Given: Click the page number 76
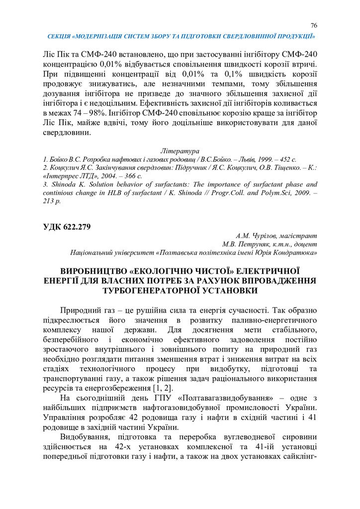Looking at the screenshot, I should tap(314, 25).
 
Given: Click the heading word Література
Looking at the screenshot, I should tap(180, 150).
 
